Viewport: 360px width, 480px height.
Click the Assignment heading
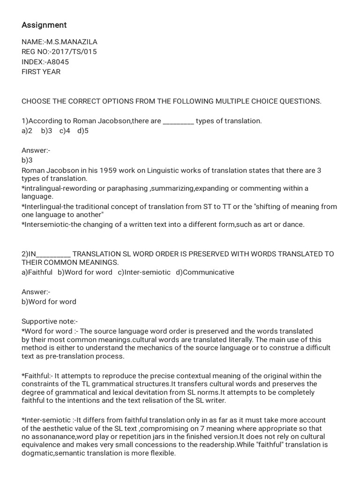pyautogui.click(x=44, y=25)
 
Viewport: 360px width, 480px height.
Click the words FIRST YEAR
pyautogui.click(x=41, y=72)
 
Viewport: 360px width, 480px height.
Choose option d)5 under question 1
pyautogui.click(x=83, y=131)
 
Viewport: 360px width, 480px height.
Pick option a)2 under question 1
pyautogui.click(x=27, y=131)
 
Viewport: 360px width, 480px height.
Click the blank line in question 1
pyautogui.click(x=178, y=121)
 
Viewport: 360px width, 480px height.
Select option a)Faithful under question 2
pyautogui.click(x=37, y=272)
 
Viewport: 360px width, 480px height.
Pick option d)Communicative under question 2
pyautogui.click(x=205, y=272)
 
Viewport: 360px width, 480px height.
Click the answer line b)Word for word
pyautogui.click(x=49, y=301)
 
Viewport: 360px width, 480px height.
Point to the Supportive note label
pyautogui.click(x=50, y=321)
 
